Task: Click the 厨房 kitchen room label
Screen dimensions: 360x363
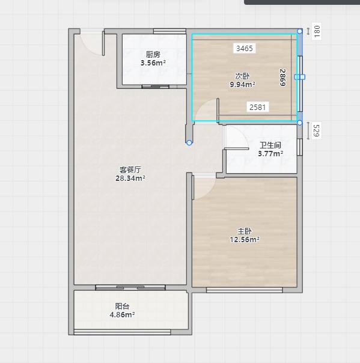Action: tap(153, 55)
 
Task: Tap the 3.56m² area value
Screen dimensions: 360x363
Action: tap(153, 63)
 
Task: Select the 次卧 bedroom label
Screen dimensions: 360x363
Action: tap(242, 76)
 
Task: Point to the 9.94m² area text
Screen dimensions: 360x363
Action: tap(242, 85)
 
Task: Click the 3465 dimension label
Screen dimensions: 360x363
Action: tap(245, 49)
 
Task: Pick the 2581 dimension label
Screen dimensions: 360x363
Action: tap(257, 107)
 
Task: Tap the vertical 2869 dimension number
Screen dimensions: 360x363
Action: tap(282, 78)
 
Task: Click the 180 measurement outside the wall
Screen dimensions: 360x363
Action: tap(317, 31)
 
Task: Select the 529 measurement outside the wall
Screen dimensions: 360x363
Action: tap(316, 131)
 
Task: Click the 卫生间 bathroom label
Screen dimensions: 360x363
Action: tap(270, 145)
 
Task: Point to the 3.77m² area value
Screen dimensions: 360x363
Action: tap(270, 153)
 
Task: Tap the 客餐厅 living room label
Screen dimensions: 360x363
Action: tap(130, 169)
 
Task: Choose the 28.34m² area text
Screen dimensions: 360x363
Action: tap(130, 178)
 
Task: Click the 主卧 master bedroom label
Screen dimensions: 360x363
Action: tap(245, 231)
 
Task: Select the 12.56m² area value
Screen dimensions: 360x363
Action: tap(245, 239)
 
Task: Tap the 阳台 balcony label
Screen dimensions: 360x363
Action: tap(122, 307)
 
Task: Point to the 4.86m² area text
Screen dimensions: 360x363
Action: tap(122, 314)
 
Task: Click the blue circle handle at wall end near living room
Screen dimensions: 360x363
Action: tap(189, 142)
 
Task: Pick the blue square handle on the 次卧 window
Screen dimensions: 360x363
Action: tap(300, 77)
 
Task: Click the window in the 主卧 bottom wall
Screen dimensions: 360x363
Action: tap(245, 290)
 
